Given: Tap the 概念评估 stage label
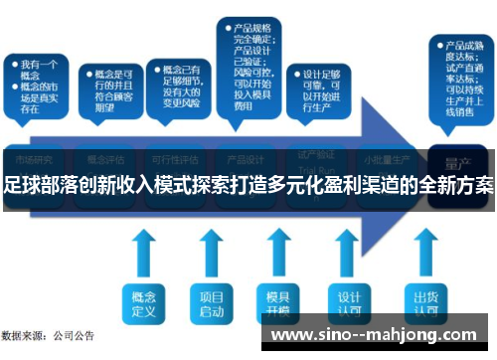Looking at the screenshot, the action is coord(105,159).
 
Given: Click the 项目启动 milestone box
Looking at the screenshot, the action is coord(211,302).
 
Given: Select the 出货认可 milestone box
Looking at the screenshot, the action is coord(425,302).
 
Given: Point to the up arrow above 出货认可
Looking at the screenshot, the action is coord(425,254).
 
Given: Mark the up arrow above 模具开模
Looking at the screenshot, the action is coord(279,254).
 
